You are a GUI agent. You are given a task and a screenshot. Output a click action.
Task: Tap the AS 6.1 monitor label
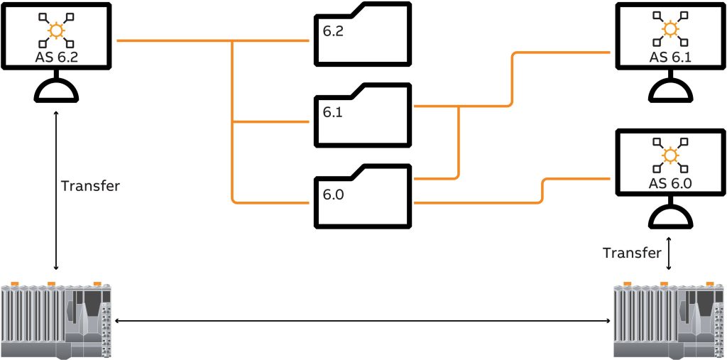click(669, 57)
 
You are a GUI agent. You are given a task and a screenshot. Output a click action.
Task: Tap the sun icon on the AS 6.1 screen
click(669, 30)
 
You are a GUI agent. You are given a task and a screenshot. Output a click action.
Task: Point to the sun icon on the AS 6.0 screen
click(669, 156)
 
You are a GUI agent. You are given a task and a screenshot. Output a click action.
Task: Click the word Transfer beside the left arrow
click(90, 187)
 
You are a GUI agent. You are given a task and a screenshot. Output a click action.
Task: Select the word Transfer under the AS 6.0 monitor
click(632, 253)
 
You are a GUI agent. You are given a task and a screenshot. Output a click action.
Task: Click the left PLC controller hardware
click(57, 321)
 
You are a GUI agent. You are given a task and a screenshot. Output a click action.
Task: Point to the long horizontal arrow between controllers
click(363, 322)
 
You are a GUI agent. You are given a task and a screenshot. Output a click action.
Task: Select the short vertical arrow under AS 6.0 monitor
click(669, 253)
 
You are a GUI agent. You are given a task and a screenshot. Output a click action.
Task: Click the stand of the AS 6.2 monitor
click(56, 91)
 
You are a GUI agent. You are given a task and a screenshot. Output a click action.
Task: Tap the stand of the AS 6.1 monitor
click(669, 89)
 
